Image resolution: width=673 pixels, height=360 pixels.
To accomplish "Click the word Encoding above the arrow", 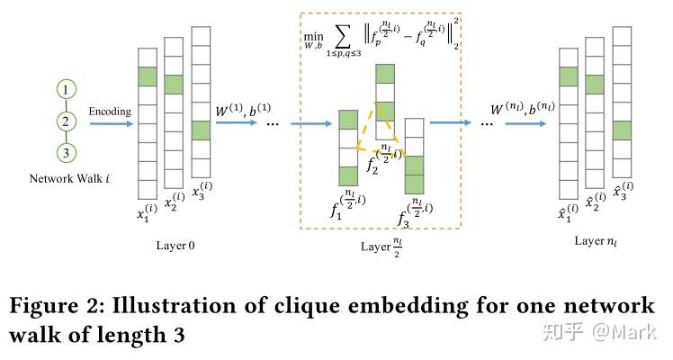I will pos(110,112).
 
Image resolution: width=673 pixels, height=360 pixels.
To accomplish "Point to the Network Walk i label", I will pos(70,179).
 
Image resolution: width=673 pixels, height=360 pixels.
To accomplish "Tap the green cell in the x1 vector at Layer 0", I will pos(148,77).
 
